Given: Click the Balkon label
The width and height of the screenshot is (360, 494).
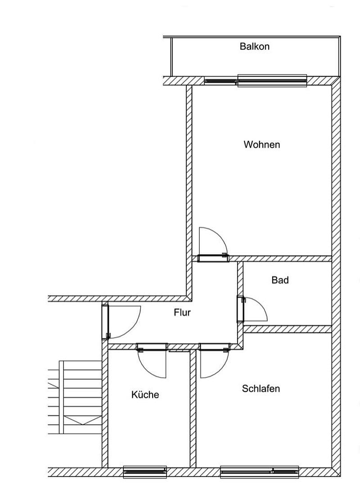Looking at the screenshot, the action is (x=254, y=46).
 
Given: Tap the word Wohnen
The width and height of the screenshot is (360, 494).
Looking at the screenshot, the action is (x=261, y=144).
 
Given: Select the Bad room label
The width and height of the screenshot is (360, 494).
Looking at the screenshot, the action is (x=280, y=280).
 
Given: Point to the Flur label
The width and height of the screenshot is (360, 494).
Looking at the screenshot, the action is (x=182, y=312).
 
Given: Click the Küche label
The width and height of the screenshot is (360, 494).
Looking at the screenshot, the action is (x=145, y=395).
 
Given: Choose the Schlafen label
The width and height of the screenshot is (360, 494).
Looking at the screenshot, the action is (x=261, y=388).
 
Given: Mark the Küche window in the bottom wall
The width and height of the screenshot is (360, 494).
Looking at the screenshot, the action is (x=145, y=472).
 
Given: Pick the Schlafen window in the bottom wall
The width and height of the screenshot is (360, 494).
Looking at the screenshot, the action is (x=259, y=472).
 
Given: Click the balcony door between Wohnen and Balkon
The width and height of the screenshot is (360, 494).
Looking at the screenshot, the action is (x=255, y=81).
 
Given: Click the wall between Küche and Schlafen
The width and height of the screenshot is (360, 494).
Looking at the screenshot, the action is (x=193, y=409).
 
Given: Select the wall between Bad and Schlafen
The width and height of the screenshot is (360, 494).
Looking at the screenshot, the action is (x=288, y=329).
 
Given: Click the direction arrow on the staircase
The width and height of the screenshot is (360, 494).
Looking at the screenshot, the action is (x=82, y=420).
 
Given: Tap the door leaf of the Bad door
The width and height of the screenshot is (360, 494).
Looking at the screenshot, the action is (x=241, y=309).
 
